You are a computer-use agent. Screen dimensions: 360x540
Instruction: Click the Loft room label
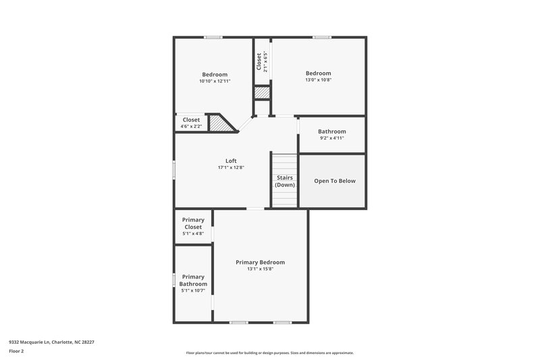[x=231, y=161]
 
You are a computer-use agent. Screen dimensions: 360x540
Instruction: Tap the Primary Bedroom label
[x=260, y=262]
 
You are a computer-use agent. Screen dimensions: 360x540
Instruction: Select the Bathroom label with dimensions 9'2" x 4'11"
[x=332, y=132]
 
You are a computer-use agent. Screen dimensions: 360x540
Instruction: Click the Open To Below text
[x=335, y=181]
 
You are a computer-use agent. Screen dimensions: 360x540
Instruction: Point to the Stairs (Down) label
[x=284, y=181]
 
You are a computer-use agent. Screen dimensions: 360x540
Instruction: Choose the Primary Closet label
[x=193, y=224]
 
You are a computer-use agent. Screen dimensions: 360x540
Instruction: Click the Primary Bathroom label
[x=193, y=280]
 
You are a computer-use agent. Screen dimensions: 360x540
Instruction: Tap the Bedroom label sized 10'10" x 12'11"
[x=215, y=74]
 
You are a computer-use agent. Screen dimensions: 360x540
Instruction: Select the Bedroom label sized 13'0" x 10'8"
[x=319, y=73]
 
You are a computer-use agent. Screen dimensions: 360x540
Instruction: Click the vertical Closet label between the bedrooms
[x=259, y=61]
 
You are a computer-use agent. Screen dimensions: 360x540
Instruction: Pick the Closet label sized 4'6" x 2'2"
[x=191, y=120]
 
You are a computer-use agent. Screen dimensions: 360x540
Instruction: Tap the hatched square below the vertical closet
[x=262, y=93]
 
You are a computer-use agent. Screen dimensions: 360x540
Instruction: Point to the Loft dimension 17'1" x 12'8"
[x=231, y=168]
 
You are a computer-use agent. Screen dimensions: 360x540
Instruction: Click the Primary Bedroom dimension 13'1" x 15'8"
[x=260, y=269]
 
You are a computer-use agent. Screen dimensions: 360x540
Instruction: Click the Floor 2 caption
[x=17, y=351]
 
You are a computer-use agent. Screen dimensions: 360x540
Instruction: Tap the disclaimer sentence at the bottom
[x=269, y=353]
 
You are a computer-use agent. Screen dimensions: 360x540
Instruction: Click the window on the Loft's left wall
[x=174, y=170]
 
